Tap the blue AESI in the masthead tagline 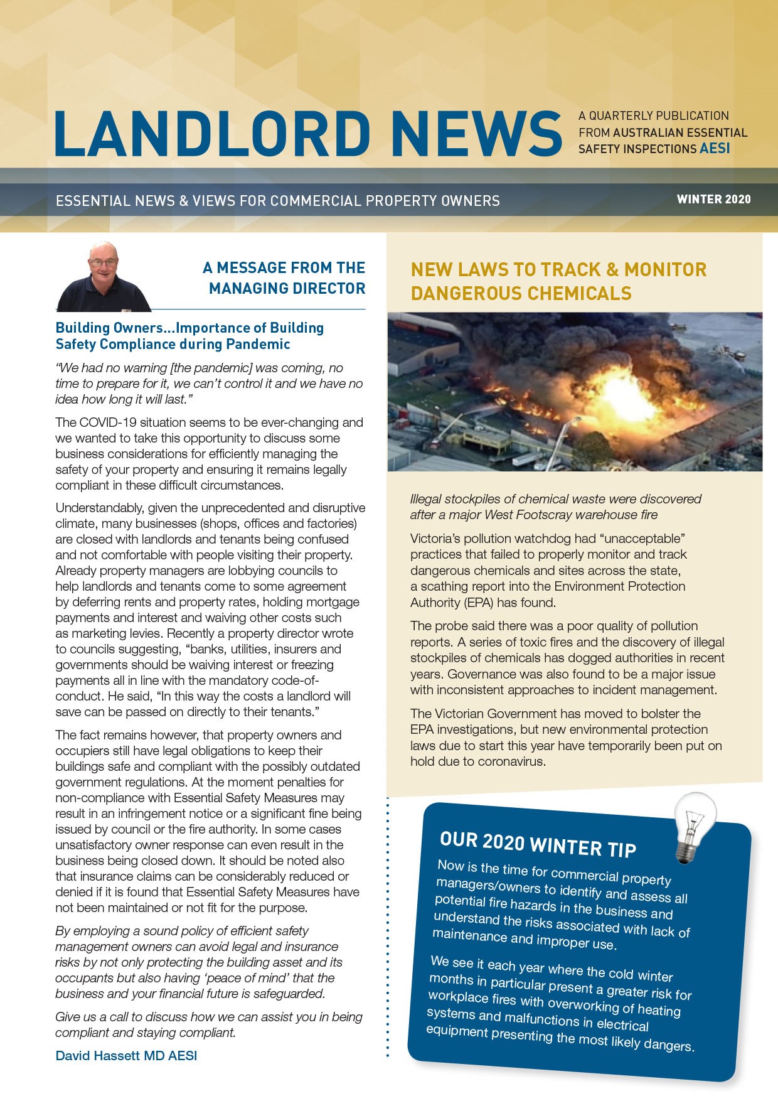(x=715, y=149)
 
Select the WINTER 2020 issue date (x=713, y=200)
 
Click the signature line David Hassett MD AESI (x=126, y=1055)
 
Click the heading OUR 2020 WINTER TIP (x=538, y=844)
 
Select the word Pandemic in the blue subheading (x=258, y=344)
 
